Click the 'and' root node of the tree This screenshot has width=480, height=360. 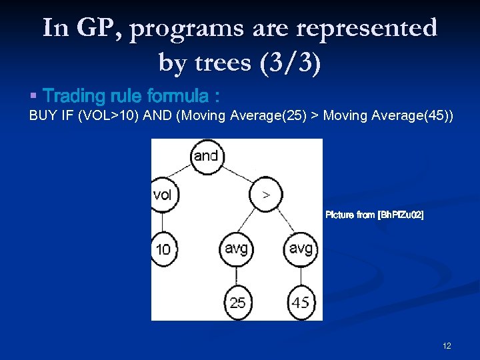coord(206,156)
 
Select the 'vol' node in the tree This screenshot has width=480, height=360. coord(163,195)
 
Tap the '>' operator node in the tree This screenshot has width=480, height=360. coord(266,195)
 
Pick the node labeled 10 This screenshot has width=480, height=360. coord(163,249)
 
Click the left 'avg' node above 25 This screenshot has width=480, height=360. coord(236,249)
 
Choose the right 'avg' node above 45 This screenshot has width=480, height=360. coord(301,249)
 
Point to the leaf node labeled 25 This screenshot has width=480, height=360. coord(237,302)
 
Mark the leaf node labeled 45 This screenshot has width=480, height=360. coord(301,302)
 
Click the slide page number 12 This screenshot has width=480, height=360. coord(447,345)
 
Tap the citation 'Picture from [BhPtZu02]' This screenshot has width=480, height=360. coord(374,215)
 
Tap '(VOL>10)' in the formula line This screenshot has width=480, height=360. coord(107,117)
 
